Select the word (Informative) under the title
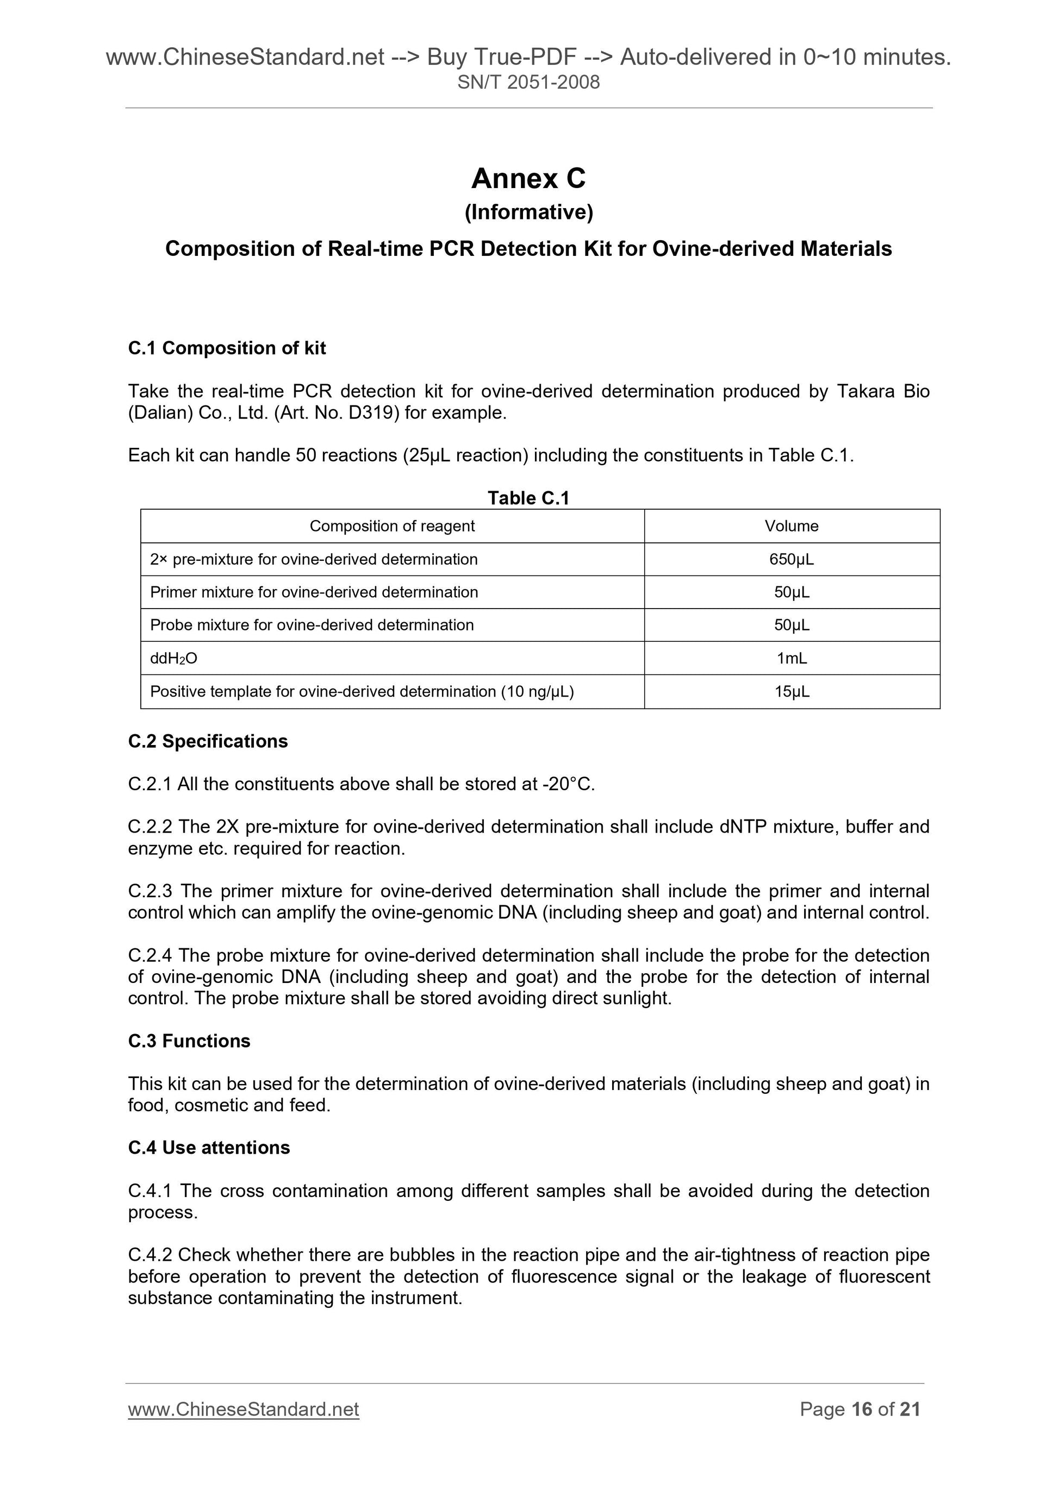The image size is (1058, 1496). [x=528, y=212]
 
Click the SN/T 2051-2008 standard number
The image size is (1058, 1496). [x=528, y=82]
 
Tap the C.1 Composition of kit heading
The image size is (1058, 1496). [x=227, y=348]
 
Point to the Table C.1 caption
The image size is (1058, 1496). [x=528, y=498]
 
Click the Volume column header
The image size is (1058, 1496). [x=792, y=526]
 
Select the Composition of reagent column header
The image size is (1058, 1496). [x=392, y=526]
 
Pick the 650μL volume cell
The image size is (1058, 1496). [x=792, y=559]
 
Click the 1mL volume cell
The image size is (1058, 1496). [x=792, y=658]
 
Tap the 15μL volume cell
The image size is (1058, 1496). [x=792, y=691]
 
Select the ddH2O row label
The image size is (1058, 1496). [x=173, y=658]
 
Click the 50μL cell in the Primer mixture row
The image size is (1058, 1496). [x=792, y=592]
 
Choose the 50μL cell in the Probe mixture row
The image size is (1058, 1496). [x=792, y=625]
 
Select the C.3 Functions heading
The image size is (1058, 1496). [x=189, y=1041]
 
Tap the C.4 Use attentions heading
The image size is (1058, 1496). [x=209, y=1148]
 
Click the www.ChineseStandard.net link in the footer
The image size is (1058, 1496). [x=243, y=1410]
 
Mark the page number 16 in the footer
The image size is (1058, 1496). [x=861, y=1410]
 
